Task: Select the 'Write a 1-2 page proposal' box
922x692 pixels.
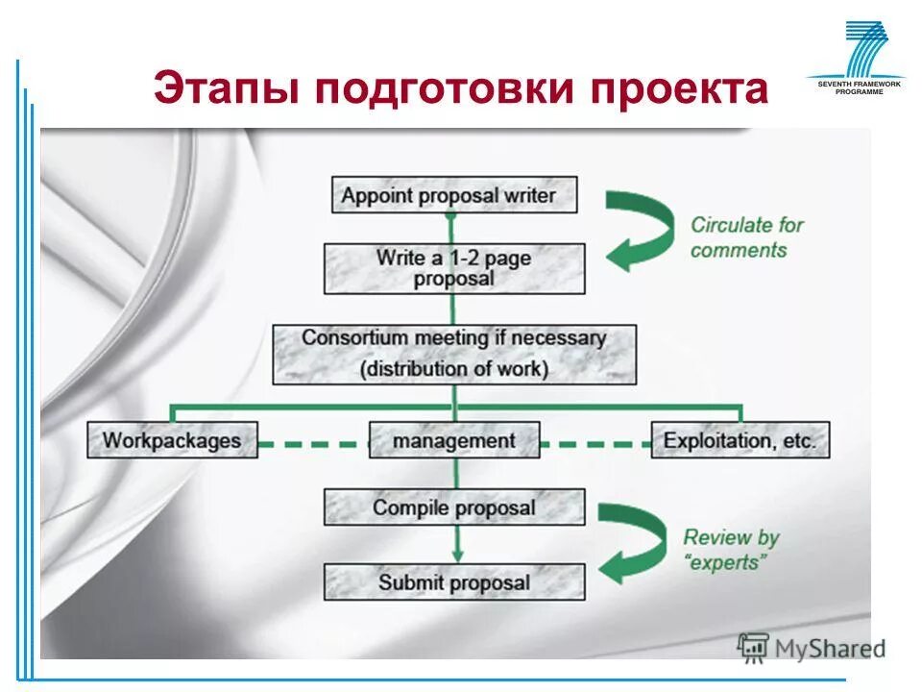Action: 454,268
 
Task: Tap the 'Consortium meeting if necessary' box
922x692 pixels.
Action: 454,353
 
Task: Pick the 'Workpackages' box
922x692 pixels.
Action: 172,440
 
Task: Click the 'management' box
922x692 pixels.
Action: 454,440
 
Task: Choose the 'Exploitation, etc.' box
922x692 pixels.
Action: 740,440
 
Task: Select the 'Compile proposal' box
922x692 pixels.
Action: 454,507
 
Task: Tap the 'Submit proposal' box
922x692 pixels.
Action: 454,582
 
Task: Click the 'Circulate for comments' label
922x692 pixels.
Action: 746,237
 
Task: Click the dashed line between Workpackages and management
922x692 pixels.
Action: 313,444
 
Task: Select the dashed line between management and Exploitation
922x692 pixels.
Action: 595,444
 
